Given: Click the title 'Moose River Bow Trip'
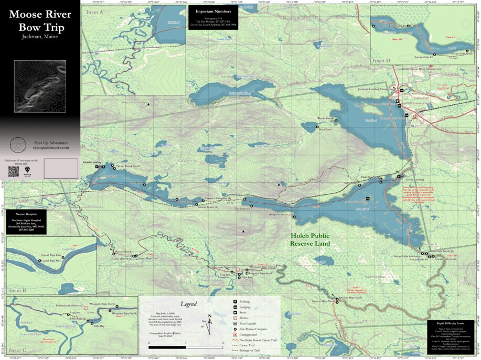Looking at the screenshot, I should click(40, 20).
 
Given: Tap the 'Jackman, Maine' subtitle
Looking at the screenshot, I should click(40, 37).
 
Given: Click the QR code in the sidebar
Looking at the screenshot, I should click(14, 171).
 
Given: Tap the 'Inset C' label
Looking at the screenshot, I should click(17, 350).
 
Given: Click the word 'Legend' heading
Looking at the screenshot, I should click(189, 304).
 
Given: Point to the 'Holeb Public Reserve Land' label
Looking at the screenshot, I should click(311, 240).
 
